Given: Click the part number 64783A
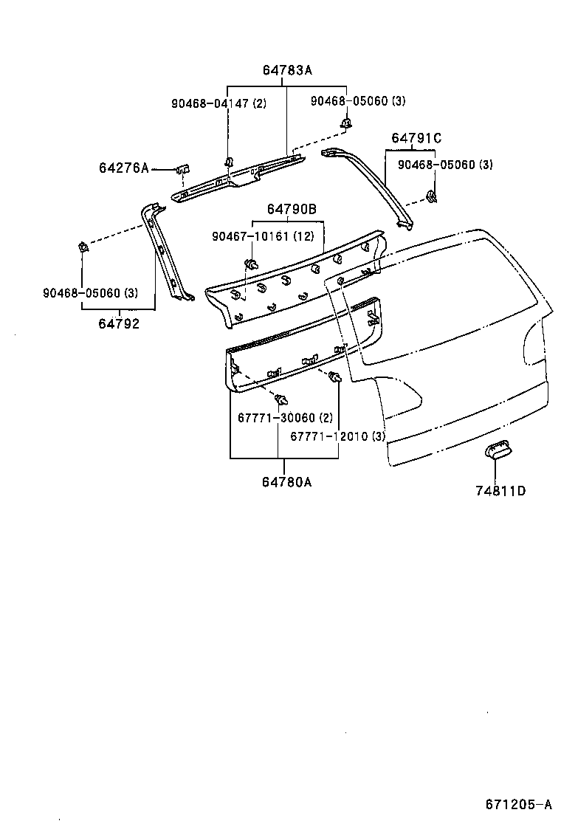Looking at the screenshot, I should (x=287, y=71).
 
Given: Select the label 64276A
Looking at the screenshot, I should (x=123, y=168).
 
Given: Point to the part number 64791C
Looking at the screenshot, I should (x=416, y=138).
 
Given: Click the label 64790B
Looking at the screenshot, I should (x=292, y=210).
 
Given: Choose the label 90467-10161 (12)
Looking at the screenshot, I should (x=263, y=236).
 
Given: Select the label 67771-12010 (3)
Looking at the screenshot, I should (x=337, y=436).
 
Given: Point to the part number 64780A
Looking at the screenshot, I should (x=286, y=482).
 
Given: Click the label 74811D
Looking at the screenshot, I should (x=500, y=490).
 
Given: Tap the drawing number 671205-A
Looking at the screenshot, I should (x=518, y=804).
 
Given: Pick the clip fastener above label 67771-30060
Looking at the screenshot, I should (x=280, y=400).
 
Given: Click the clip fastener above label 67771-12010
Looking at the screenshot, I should (x=334, y=378).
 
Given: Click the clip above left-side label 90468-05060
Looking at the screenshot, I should (x=83, y=247).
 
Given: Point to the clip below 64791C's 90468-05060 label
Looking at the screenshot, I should (x=431, y=196).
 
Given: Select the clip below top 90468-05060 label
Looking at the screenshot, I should (x=345, y=122).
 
